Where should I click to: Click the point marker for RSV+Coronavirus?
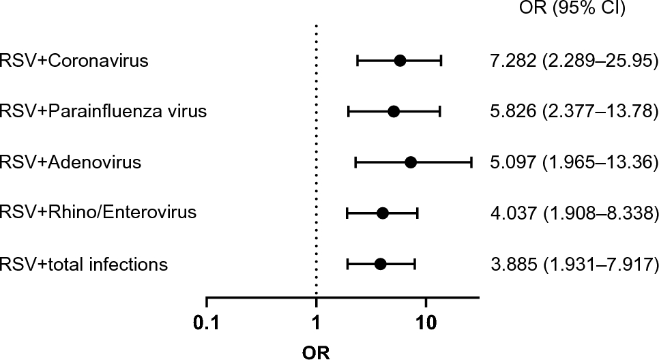(x=400, y=61)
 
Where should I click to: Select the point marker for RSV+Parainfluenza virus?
(x=394, y=112)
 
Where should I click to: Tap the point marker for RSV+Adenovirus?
(x=411, y=162)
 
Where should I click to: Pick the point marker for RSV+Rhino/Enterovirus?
(x=383, y=213)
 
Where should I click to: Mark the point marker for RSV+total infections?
(x=381, y=264)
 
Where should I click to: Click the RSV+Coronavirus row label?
(x=75, y=61)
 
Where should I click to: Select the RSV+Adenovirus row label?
(x=71, y=162)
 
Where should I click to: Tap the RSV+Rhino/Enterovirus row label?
(x=98, y=213)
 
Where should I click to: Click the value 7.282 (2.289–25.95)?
(x=574, y=62)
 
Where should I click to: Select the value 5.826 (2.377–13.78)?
(x=574, y=111)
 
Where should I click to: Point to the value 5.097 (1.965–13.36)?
(x=574, y=164)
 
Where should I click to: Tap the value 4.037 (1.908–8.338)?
(x=574, y=214)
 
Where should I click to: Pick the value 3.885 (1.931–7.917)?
(x=574, y=265)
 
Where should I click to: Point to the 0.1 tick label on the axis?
(x=206, y=321)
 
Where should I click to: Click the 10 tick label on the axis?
(x=426, y=321)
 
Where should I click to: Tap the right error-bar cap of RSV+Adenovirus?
(x=471, y=162)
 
